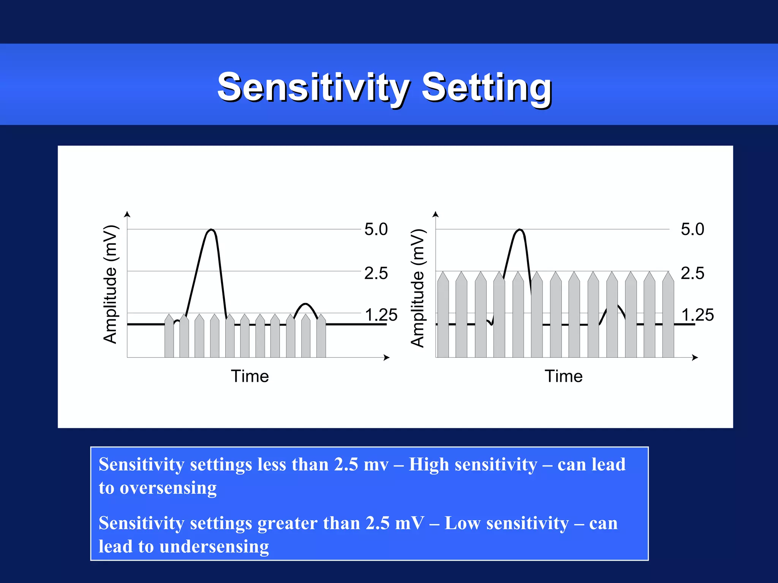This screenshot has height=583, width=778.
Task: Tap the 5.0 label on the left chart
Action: tap(376, 229)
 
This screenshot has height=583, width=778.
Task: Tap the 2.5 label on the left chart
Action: tap(376, 273)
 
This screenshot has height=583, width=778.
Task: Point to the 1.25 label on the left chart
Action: tap(381, 315)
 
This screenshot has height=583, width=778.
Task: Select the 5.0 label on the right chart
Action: tap(692, 229)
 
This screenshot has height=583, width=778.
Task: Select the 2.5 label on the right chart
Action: tap(692, 273)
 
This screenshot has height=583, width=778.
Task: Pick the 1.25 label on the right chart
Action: tap(697, 315)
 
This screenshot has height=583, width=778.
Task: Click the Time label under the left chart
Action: tap(250, 376)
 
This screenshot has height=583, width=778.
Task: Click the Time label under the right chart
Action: tap(563, 376)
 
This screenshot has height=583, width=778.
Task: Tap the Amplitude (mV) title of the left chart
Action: tap(111, 284)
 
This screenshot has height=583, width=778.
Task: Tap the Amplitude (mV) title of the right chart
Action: tap(418, 288)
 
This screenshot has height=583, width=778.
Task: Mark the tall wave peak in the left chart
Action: tap(212, 230)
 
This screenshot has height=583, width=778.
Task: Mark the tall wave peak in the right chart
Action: tap(520, 230)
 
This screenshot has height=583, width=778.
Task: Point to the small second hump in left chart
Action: tap(305, 304)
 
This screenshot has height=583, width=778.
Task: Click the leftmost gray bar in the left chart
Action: tap(169, 337)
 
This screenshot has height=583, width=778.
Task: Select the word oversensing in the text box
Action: tap(168, 488)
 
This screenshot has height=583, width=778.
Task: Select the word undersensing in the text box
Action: tap(214, 546)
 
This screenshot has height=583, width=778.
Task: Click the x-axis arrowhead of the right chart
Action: tap(695, 358)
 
